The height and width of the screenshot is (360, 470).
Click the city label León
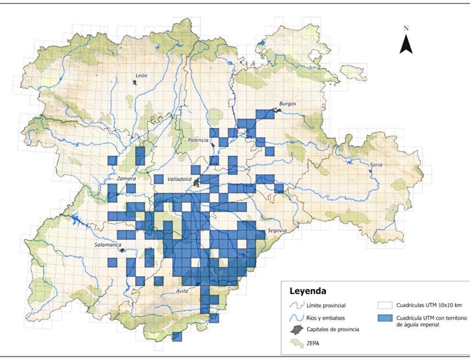click(141, 76)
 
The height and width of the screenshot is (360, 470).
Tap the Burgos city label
click(288, 104)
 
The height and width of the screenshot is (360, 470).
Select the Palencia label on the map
click(198, 140)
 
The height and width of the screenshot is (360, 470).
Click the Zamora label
click(127, 179)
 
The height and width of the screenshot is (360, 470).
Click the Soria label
click(376, 165)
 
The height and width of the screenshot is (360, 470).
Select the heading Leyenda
click(308, 291)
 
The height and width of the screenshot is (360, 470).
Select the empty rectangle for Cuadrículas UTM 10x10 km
click(385, 305)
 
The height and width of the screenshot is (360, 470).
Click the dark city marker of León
click(135, 83)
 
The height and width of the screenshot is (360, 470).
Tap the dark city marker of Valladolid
click(197, 182)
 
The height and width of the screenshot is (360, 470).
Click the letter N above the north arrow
click(406, 28)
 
